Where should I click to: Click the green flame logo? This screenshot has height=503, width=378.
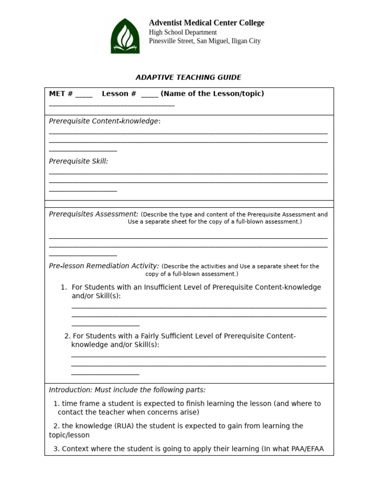[125, 36]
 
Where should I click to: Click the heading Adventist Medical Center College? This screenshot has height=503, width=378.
[206, 23]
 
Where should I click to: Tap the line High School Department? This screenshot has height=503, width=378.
[183, 32]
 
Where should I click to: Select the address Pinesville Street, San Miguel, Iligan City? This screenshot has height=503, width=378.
[204, 41]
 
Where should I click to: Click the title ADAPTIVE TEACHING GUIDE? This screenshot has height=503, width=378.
[188, 77]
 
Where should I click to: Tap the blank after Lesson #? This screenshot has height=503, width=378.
[150, 94]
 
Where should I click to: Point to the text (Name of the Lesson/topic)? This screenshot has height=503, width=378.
[212, 94]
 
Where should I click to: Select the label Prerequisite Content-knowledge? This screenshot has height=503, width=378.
[104, 121]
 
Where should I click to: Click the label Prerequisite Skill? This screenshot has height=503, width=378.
[78, 161]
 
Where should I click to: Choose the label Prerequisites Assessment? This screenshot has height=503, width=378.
[93, 214]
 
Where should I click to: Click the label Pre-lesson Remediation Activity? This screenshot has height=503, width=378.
[103, 266]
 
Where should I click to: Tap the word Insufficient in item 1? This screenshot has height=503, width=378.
[166, 287]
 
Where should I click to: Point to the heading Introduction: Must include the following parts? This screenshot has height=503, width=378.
[127, 390]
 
